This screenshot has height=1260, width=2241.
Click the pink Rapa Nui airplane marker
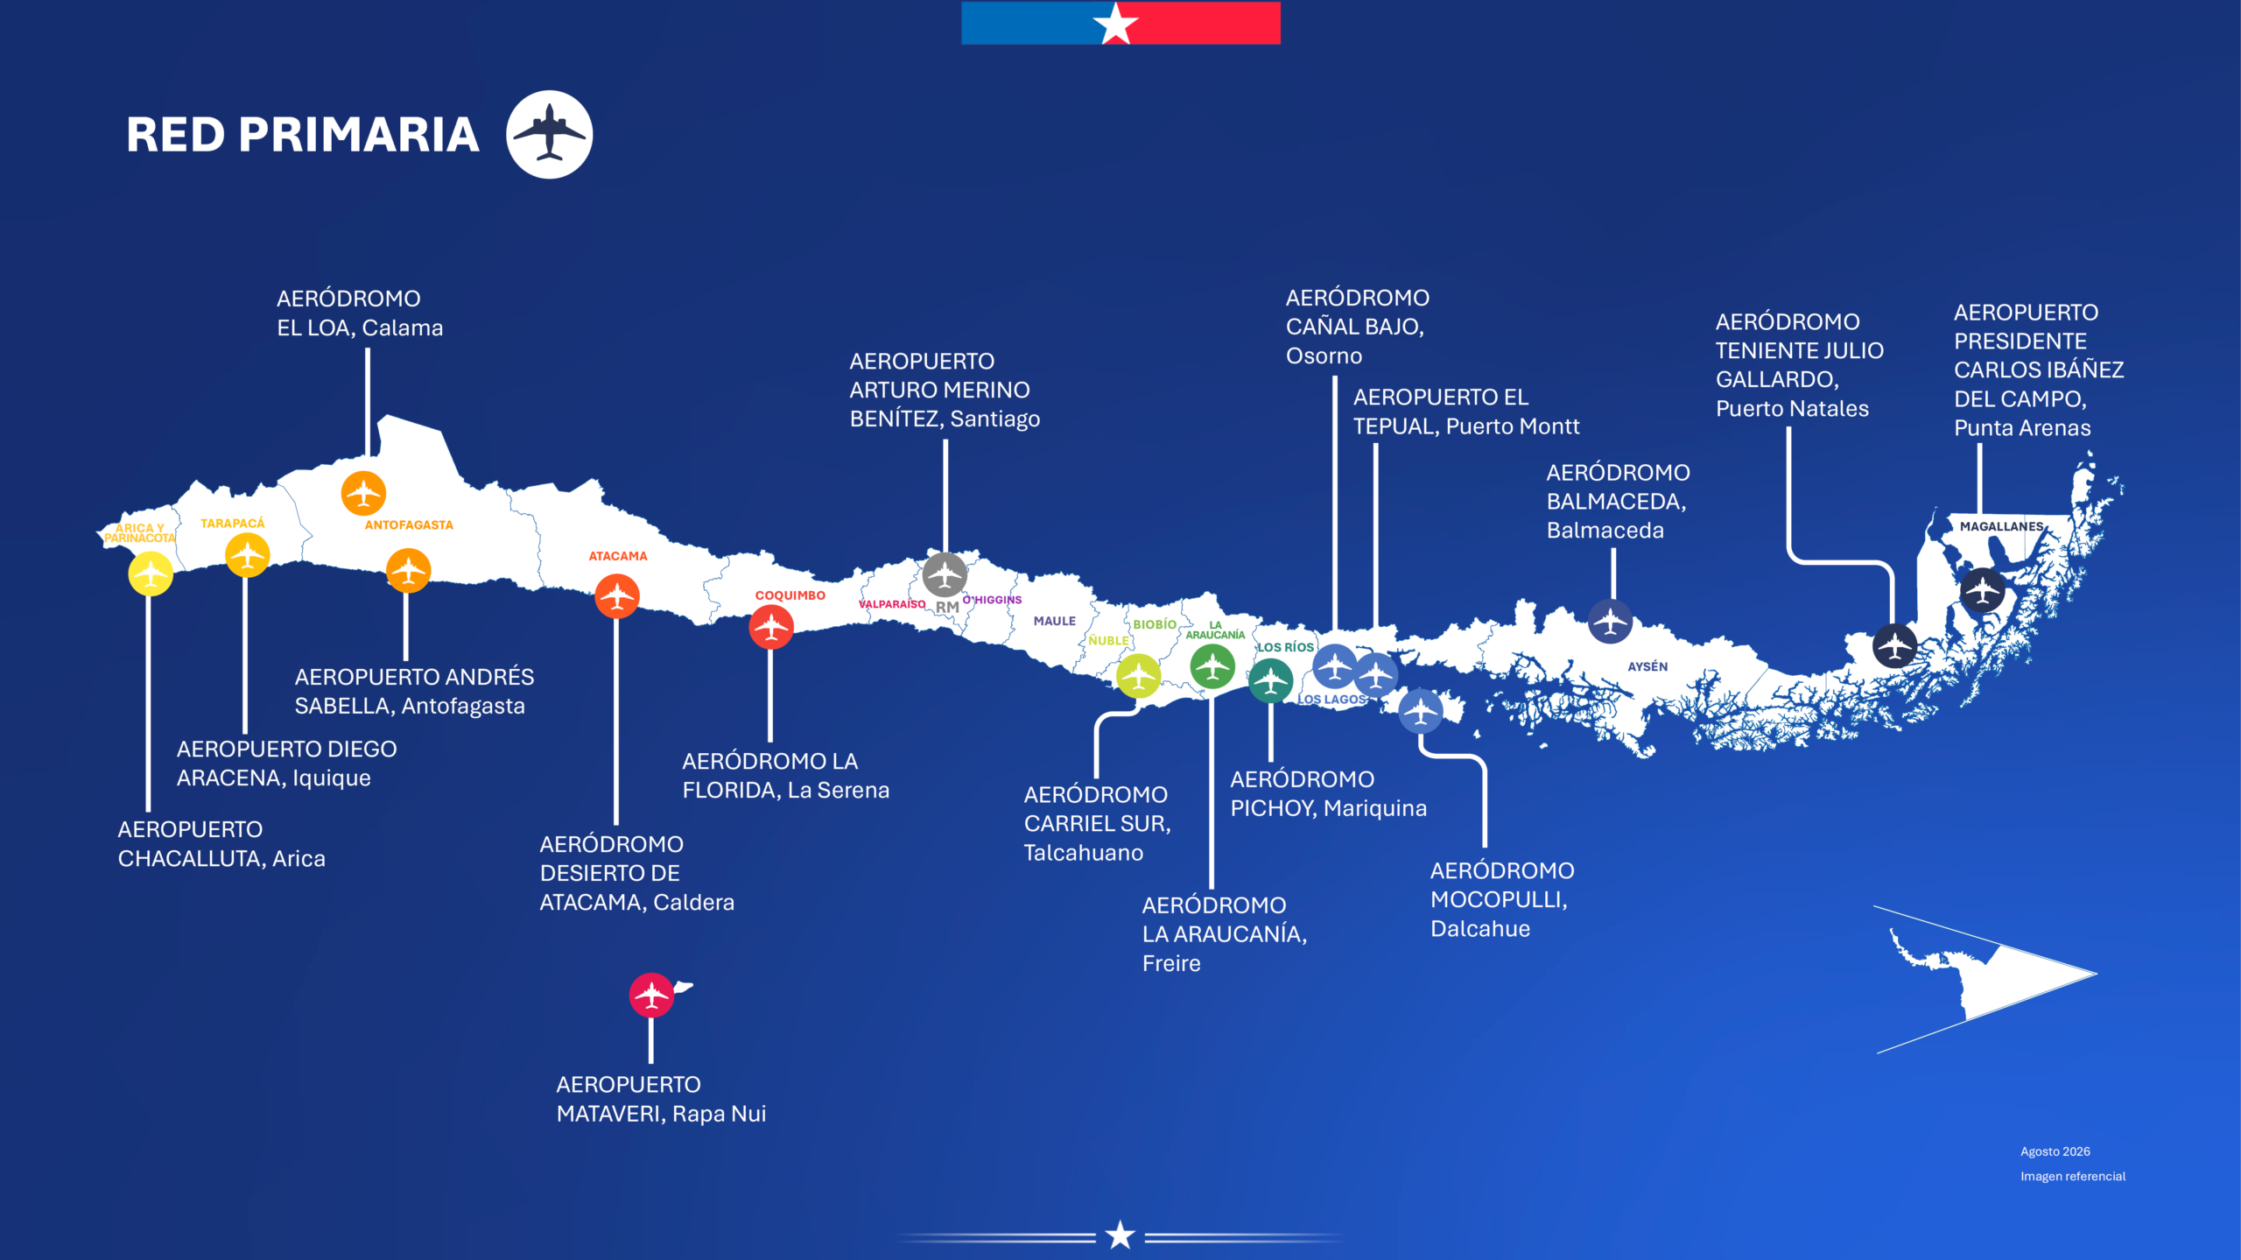click(651, 995)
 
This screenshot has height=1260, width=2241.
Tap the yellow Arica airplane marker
click(151, 574)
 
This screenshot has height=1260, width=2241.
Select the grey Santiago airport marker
click(945, 574)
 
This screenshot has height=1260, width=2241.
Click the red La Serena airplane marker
click(771, 626)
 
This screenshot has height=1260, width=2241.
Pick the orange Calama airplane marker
click(363, 493)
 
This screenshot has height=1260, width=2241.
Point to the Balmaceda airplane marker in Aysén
click(1610, 622)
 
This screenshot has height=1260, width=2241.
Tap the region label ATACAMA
click(618, 556)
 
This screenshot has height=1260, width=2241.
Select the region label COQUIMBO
click(790, 595)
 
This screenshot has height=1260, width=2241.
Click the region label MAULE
click(1055, 621)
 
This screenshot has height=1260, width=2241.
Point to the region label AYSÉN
click(1647, 666)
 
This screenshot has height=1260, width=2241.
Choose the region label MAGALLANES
click(2002, 526)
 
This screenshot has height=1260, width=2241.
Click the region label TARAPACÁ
click(232, 524)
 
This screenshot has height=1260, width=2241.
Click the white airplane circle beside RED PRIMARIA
click(550, 135)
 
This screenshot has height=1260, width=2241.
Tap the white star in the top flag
click(1116, 23)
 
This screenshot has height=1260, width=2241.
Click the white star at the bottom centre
click(1120, 1235)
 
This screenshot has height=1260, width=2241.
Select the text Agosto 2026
click(2055, 1151)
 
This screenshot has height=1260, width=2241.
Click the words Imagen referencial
click(2073, 1176)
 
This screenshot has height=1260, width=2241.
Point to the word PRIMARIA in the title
click(359, 135)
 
